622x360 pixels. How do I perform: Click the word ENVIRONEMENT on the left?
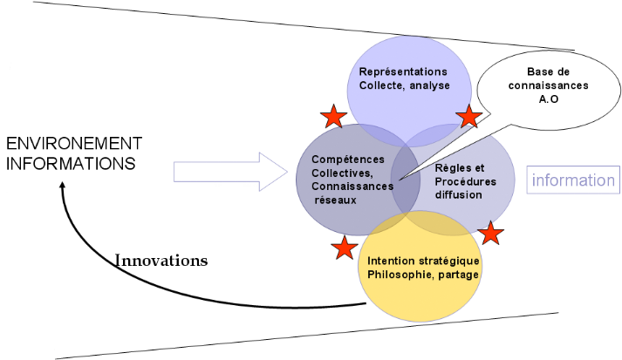pyautogui.click(x=74, y=143)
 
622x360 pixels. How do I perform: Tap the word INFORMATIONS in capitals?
pyautogui.click(x=71, y=163)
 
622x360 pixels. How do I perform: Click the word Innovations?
pyautogui.click(x=161, y=260)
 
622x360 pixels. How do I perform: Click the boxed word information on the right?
pyautogui.click(x=573, y=181)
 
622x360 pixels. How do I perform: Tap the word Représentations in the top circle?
pyautogui.click(x=402, y=71)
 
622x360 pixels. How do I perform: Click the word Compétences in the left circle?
pyautogui.click(x=347, y=160)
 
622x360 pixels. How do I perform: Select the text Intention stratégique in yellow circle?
pyautogui.click(x=424, y=262)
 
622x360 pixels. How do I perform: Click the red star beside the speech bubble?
pyautogui.click(x=468, y=116)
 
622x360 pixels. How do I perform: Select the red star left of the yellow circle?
pyautogui.click(x=345, y=248)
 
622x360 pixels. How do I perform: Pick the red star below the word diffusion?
pyautogui.click(x=491, y=233)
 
